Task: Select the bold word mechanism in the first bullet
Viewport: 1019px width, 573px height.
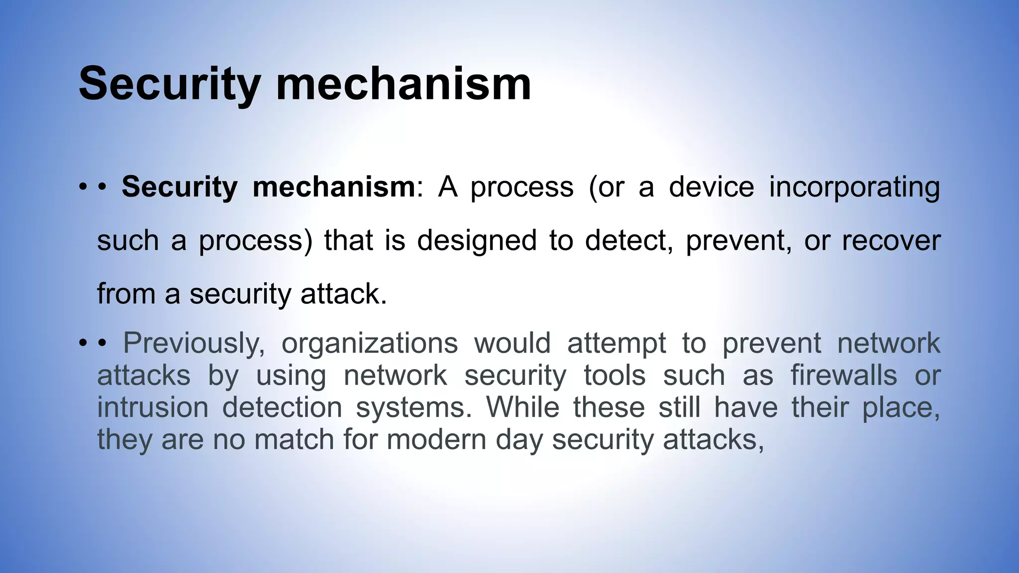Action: (333, 187)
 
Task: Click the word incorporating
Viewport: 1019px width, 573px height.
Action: (854, 187)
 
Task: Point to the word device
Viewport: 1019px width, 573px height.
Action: (711, 187)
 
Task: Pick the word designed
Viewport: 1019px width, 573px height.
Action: (477, 240)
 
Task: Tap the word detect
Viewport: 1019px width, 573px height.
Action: (628, 240)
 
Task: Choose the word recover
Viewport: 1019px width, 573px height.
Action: (891, 240)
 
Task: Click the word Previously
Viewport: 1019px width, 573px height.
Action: (194, 343)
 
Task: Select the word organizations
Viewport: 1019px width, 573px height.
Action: (369, 343)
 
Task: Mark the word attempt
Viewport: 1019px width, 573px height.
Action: (616, 343)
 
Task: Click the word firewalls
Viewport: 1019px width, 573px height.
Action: (844, 375)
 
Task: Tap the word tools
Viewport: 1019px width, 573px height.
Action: (614, 375)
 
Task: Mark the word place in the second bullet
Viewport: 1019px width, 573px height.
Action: (901, 408)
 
